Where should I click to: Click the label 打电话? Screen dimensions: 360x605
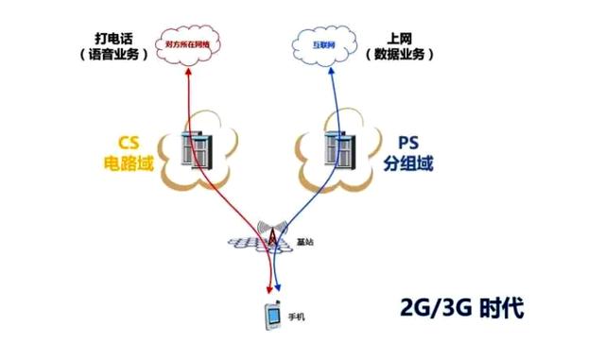point(112,37)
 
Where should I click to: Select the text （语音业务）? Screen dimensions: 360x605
point(112,55)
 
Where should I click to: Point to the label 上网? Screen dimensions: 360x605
point(399,37)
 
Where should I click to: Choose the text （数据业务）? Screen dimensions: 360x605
point(399,55)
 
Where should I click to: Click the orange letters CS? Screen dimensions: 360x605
point(129,143)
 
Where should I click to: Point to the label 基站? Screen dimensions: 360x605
point(303,243)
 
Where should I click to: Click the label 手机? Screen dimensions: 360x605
point(299,318)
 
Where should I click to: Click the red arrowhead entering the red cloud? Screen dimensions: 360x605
point(186,68)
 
